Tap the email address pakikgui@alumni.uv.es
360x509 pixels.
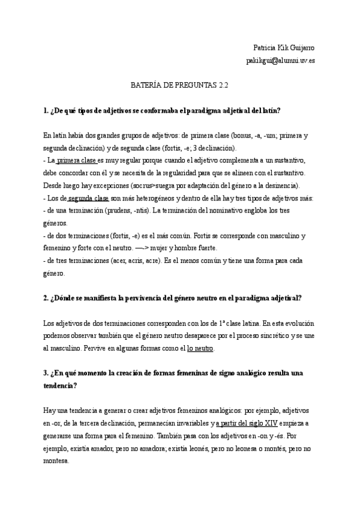point(280,61)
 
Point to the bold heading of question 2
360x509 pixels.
point(172,298)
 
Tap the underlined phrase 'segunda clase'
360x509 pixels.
point(88,198)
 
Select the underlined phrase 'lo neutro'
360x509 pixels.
point(200,348)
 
